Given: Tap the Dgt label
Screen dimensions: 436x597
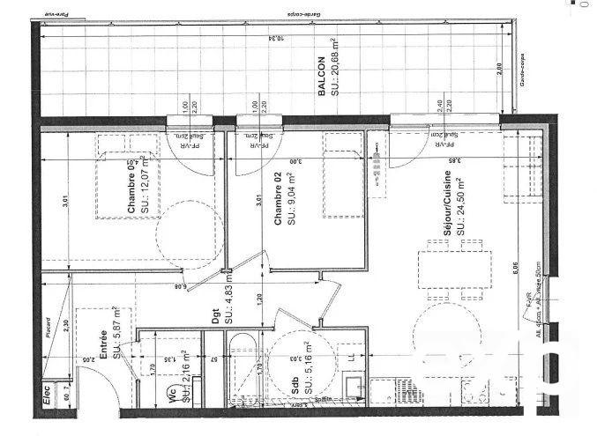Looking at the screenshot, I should coord(216,316).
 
